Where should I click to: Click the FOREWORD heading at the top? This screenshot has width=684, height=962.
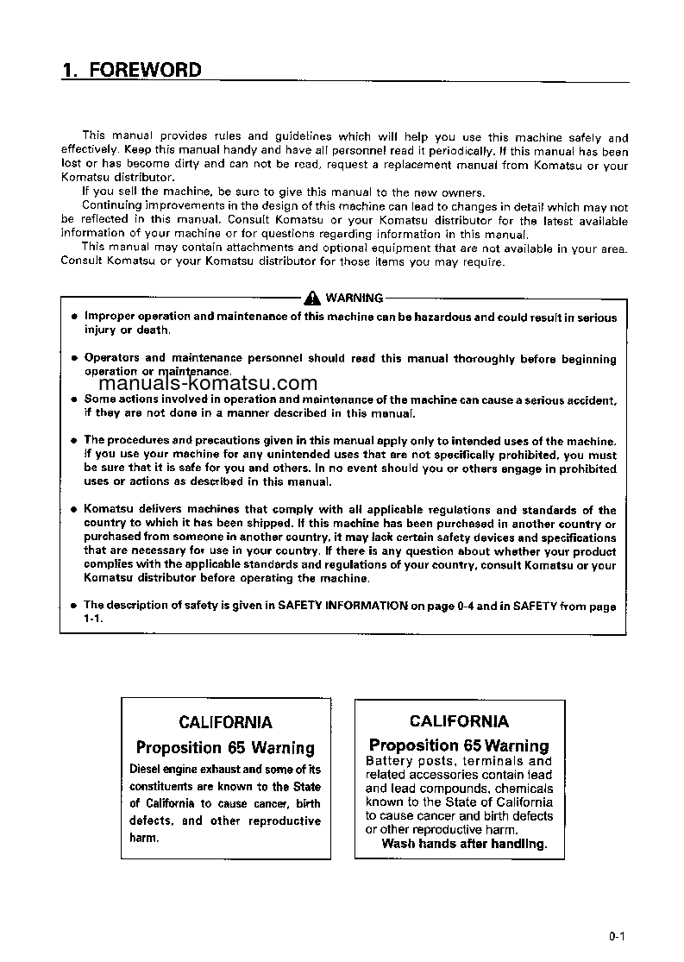pyautogui.click(x=145, y=71)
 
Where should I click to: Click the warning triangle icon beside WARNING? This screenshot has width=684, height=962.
pyautogui.click(x=313, y=299)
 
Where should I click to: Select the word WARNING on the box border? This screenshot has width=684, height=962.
pyautogui.click(x=354, y=299)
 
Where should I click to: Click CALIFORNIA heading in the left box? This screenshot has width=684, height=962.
pyautogui.click(x=225, y=722)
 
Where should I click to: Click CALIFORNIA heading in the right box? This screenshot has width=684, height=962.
pyautogui.click(x=459, y=721)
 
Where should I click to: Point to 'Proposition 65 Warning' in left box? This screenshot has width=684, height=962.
pyautogui.click(x=225, y=748)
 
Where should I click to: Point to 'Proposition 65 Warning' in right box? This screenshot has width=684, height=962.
pyautogui.click(x=459, y=745)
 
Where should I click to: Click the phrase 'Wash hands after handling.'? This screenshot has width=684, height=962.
pyautogui.click(x=464, y=844)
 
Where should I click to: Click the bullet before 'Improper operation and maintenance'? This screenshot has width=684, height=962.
pyautogui.click(x=74, y=318)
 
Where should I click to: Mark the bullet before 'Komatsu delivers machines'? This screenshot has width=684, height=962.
pyautogui.click(x=74, y=510)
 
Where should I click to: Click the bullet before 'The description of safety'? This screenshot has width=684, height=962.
pyautogui.click(x=74, y=606)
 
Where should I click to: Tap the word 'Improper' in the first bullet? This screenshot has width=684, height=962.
pyautogui.click(x=110, y=318)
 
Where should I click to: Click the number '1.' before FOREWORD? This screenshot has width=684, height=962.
pyautogui.click(x=70, y=71)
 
